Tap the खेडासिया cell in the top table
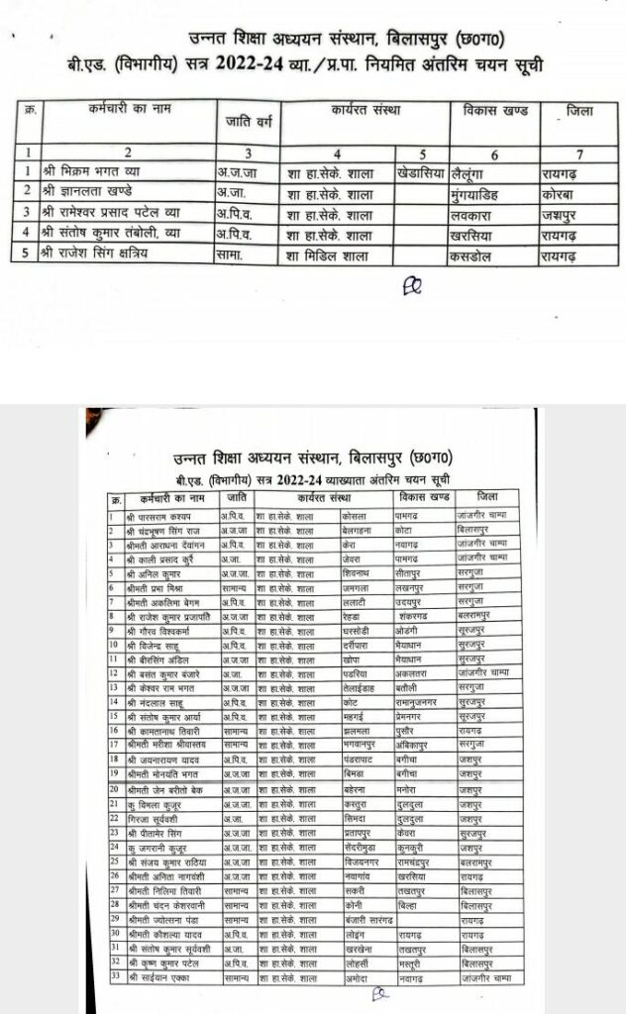(421, 170)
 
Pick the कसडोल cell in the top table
(477, 254)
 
